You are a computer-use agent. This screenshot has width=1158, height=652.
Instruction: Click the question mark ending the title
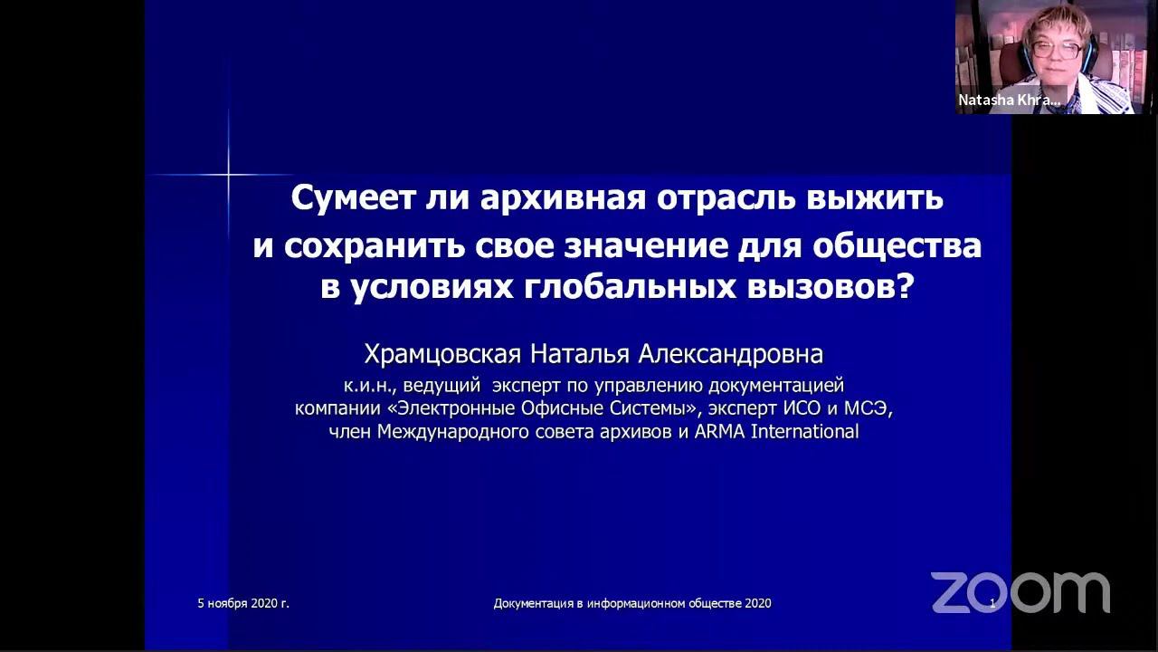(906, 287)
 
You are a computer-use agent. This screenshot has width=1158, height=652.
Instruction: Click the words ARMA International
(776, 432)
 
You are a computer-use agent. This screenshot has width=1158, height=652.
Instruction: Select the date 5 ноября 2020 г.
(243, 603)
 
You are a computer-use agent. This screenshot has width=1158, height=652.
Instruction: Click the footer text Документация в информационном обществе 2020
(632, 603)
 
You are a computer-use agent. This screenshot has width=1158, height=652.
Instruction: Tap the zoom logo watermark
(1020, 592)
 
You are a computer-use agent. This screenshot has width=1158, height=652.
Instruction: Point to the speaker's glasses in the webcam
(1057, 49)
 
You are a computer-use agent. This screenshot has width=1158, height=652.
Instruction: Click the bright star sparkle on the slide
(228, 173)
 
